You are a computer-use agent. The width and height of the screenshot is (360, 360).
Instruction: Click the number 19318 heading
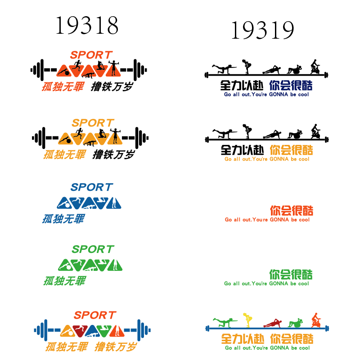87,25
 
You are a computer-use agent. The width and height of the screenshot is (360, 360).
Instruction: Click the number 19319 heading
263,30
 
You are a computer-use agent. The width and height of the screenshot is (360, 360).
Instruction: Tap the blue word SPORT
92,187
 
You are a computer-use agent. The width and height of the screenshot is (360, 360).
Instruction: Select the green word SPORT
93,249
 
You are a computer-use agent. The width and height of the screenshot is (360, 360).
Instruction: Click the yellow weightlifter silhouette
247,320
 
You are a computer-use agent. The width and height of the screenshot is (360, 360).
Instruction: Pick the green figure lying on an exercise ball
295,323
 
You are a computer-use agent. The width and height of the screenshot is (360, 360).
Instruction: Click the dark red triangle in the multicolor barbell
80,331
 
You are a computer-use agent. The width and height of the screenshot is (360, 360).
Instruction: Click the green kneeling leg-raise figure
225,322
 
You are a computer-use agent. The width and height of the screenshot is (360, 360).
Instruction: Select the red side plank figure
273,323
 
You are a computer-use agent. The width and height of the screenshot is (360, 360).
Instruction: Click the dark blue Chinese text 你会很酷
291,85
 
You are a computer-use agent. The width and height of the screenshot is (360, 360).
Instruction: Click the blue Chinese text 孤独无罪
63,219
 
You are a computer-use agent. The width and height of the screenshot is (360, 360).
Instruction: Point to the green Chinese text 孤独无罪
65,281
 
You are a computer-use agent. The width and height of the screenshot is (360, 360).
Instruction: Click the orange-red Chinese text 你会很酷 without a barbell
292,211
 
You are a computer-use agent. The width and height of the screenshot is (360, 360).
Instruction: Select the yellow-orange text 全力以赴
243,339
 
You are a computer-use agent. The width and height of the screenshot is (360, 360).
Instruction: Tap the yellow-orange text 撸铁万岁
116,346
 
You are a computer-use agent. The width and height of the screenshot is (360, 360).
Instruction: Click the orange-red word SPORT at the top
91,55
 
